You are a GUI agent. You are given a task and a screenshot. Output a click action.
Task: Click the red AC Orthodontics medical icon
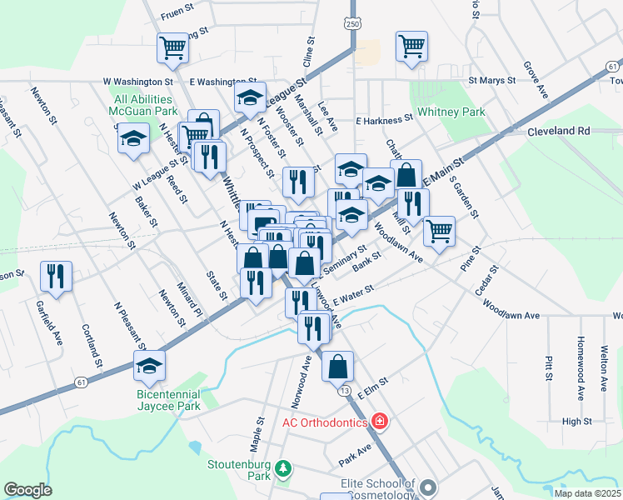(x=381, y=422)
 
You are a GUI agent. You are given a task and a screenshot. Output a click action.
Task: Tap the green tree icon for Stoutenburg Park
(x=284, y=468)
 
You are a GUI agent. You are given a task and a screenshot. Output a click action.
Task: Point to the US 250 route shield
(x=353, y=25)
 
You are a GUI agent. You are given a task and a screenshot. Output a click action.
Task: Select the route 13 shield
(x=343, y=389)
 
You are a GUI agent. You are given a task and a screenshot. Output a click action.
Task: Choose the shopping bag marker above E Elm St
(x=337, y=366)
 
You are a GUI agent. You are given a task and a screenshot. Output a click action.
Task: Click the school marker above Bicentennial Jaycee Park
(x=149, y=364)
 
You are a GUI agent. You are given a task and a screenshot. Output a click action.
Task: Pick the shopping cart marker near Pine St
(x=439, y=230)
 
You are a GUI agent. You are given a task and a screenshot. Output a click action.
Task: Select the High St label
(x=576, y=422)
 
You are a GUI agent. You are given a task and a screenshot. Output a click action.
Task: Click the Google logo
(x=27, y=490)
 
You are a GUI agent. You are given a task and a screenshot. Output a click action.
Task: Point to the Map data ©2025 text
(x=586, y=493)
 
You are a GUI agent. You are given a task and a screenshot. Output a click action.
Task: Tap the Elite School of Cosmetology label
(x=377, y=488)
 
